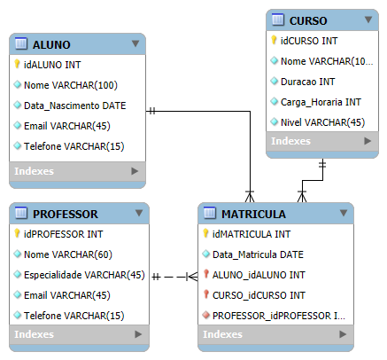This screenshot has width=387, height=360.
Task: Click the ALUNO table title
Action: [x=51, y=44]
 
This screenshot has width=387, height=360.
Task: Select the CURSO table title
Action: [x=308, y=20]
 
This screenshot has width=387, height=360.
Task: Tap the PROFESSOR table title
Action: [x=66, y=214]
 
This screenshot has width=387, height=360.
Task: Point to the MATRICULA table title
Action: [x=253, y=214]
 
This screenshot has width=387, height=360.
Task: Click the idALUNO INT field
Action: [x=52, y=65]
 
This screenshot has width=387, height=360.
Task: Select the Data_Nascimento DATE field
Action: [x=75, y=106]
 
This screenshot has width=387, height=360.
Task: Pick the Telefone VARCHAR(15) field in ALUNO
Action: [x=74, y=146]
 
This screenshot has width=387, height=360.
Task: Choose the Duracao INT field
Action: [x=307, y=82]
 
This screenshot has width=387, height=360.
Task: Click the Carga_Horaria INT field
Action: [x=321, y=102]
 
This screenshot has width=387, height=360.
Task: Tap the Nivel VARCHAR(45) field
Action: [x=322, y=122]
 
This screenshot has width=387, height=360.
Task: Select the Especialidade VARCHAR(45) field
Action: [x=84, y=275]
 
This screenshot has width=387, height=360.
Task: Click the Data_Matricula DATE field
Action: [x=258, y=254]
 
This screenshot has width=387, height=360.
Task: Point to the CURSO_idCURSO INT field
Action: [x=259, y=295]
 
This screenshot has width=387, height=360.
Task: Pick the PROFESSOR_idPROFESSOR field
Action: [x=279, y=316]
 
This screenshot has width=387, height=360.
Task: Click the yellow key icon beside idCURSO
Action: [x=274, y=40]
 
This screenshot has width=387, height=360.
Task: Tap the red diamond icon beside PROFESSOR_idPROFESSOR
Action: [x=206, y=315]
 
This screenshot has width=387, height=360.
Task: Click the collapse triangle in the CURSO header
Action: [x=368, y=20]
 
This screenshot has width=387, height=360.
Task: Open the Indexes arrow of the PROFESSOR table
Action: [x=138, y=334]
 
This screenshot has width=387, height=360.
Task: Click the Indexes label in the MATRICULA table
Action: [x=222, y=334]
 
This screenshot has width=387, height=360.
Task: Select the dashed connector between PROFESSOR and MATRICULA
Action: [x=174, y=277]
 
